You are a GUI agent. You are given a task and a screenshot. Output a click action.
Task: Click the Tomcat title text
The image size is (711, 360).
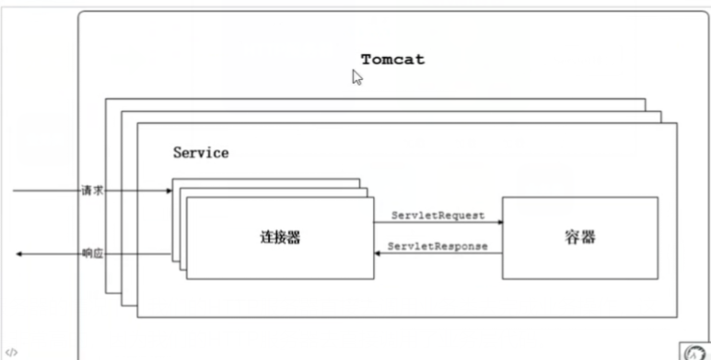[x=392, y=60]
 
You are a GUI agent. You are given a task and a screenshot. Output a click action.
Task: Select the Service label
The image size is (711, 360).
[x=201, y=153]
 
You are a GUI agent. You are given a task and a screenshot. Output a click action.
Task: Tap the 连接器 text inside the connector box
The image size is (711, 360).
[x=280, y=238]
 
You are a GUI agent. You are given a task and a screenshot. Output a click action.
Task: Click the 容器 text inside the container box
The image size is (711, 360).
[x=579, y=237]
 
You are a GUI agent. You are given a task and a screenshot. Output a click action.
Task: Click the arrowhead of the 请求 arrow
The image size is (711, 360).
[x=169, y=191]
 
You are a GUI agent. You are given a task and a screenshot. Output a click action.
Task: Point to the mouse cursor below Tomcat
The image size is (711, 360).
[x=357, y=78]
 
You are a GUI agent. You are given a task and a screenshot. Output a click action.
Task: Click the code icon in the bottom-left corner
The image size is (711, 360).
[x=10, y=352]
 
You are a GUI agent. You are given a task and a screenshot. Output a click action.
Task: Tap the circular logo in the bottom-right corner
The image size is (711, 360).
[x=695, y=352]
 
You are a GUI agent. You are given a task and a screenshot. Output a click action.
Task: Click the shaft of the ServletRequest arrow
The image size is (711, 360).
[x=433, y=222]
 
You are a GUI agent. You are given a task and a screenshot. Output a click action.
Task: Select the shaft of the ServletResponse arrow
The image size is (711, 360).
[x=442, y=253]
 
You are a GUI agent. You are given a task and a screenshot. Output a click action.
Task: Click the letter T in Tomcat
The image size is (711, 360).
[x=367, y=60]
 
